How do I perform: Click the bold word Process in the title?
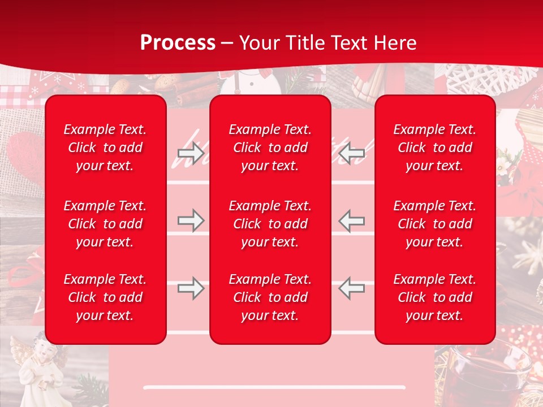178,43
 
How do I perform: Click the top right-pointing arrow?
191,153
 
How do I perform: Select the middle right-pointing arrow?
191,220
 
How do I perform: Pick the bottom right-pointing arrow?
191,288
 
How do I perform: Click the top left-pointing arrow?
351,153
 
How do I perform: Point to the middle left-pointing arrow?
351,220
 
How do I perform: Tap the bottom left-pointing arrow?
351,288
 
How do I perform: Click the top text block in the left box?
105,148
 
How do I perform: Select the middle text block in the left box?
105,224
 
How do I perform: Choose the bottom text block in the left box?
105,297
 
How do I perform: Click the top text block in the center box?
270,148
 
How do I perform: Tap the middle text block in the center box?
270,224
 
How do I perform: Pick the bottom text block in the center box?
270,297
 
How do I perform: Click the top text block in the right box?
434,148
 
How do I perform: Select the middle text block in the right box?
434,224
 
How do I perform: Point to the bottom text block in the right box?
434,297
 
